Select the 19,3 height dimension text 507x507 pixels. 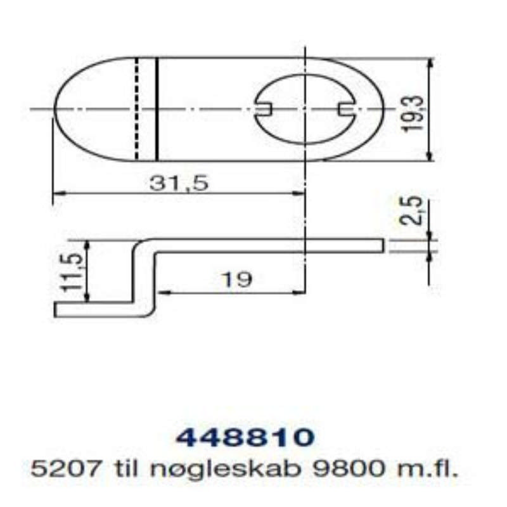[413, 110]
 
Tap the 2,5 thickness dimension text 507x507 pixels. [413, 211]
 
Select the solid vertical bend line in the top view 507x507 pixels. [157, 109]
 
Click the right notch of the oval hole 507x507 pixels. [346, 110]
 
